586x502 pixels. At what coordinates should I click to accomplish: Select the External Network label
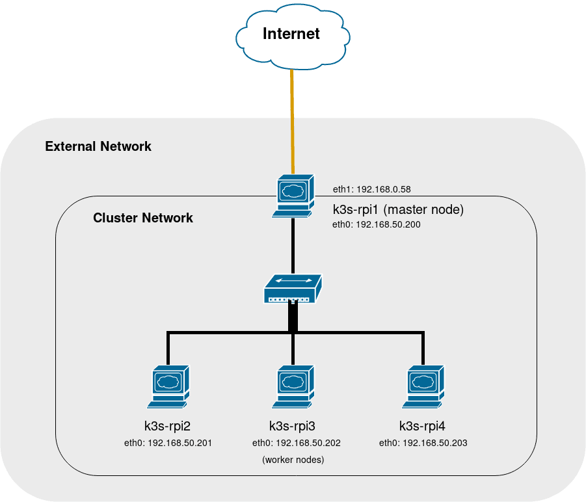tap(98, 146)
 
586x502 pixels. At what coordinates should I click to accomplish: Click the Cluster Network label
tap(143, 218)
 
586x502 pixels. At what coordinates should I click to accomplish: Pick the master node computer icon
tap(293, 195)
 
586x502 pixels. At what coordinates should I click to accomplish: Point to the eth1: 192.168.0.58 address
tap(371, 189)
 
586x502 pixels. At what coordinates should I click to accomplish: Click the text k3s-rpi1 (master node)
tap(398, 209)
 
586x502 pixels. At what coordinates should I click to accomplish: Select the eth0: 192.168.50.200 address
tap(376, 225)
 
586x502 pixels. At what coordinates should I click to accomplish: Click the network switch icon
tap(293, 289)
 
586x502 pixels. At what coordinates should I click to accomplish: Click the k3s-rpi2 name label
tap(167, 427)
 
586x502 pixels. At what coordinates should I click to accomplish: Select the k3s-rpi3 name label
tap(293, 427)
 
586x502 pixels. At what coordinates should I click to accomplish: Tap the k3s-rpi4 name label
tap(422, 427)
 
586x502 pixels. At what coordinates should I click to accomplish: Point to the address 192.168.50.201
tap(168, 443)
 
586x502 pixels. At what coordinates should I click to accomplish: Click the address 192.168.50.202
tap(296, 443)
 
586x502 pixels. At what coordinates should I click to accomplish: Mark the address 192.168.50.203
tap(423, 443)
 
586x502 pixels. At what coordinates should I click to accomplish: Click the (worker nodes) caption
tap(293, 460)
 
